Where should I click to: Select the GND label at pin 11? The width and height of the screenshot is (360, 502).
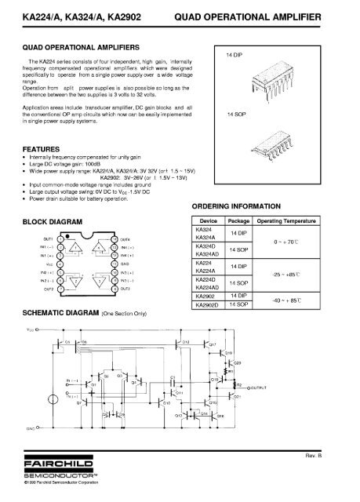(127, 264)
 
